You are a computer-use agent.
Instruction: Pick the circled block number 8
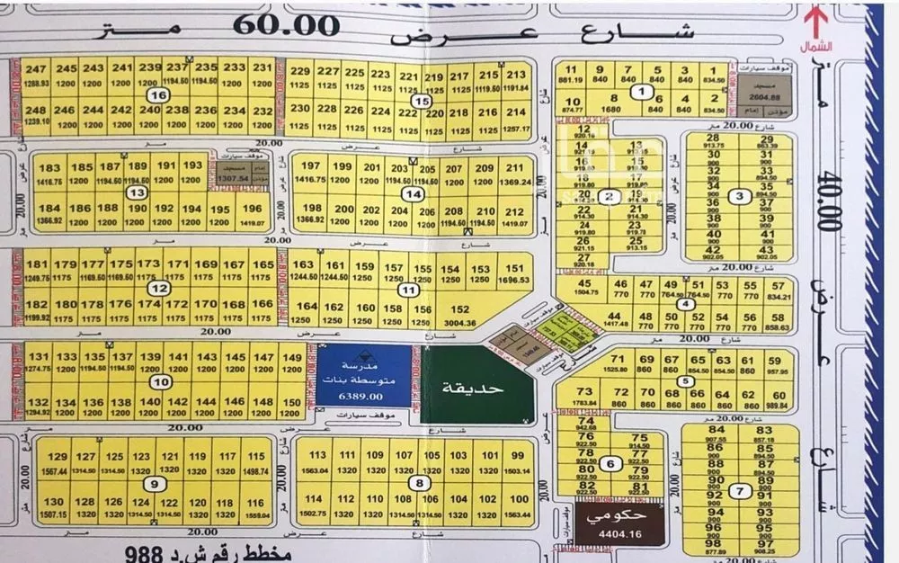coord(421,484)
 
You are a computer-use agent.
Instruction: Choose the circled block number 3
coord(739,197)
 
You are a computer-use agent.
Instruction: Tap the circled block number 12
coord(159,289)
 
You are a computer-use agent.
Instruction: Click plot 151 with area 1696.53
coord(513,274)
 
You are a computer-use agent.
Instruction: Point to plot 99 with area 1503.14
coord(517,462)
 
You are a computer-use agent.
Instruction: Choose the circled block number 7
coord(739,491)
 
